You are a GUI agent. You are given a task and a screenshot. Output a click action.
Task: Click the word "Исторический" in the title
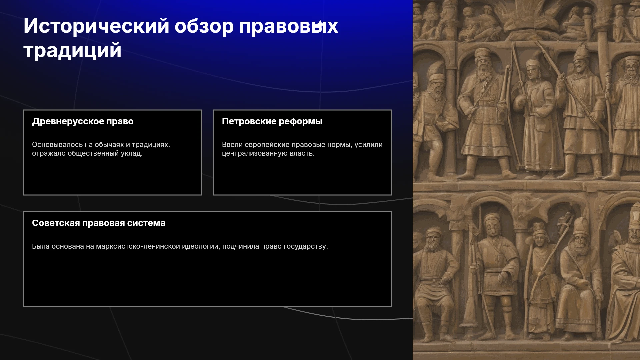[x=97, y=26]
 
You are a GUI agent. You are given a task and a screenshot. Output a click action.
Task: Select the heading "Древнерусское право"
[x=83, y=122]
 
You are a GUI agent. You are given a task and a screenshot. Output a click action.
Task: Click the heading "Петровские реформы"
[x=272, y=122]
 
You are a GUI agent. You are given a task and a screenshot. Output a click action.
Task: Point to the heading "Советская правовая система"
[x=99, y=223]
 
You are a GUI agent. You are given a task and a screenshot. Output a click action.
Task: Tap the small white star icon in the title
[x=319, y=24]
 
